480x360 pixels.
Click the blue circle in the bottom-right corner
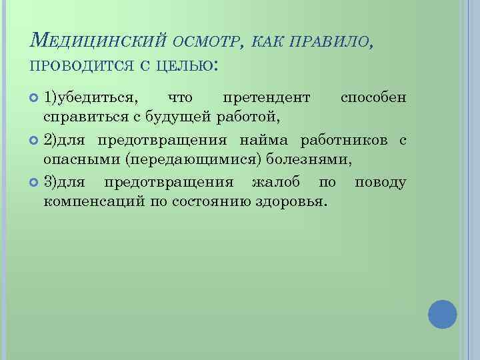click(441, 314)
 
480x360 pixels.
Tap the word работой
click(247, 119)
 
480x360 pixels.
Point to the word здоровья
click(296, 202)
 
